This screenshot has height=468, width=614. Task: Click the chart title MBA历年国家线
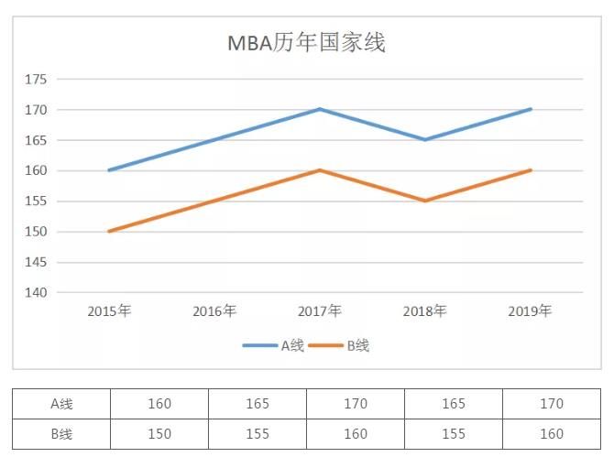point(306,43)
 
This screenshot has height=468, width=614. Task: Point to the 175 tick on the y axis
point(36,80)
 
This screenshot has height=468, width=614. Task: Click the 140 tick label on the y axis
point(36,292)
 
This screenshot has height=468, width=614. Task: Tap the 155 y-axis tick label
point(36,201)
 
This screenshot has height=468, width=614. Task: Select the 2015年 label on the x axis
point(109,311)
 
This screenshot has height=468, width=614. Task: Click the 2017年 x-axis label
point(319,311)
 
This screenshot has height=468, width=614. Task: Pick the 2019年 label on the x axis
point(530,311)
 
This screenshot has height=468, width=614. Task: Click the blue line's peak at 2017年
point(319,109)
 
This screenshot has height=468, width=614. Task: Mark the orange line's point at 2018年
point(424,201)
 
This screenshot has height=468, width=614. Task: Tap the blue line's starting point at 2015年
point(109,170)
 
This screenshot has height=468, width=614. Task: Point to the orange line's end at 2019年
point(530,170)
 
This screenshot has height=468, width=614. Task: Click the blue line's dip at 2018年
point(424,139)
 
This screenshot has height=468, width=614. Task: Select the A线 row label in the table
point(61,404)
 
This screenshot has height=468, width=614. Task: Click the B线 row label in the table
point(61,434)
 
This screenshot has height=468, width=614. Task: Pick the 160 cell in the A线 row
point(159,404)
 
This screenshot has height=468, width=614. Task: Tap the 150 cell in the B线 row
point(159,434)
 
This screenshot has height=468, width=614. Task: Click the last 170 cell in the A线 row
point(552,404)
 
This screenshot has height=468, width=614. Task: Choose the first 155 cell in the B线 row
point(258,434)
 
